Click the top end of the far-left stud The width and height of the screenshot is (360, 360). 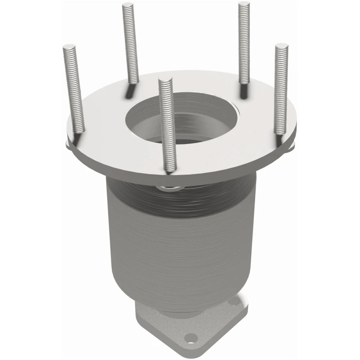pos(69,46)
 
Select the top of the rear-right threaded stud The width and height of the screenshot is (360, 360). pos(244,4)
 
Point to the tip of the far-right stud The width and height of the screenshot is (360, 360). pos(282,45)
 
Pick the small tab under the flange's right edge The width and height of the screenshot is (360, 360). pos(291,146)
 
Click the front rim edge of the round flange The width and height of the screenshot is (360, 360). pos(180,173)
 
